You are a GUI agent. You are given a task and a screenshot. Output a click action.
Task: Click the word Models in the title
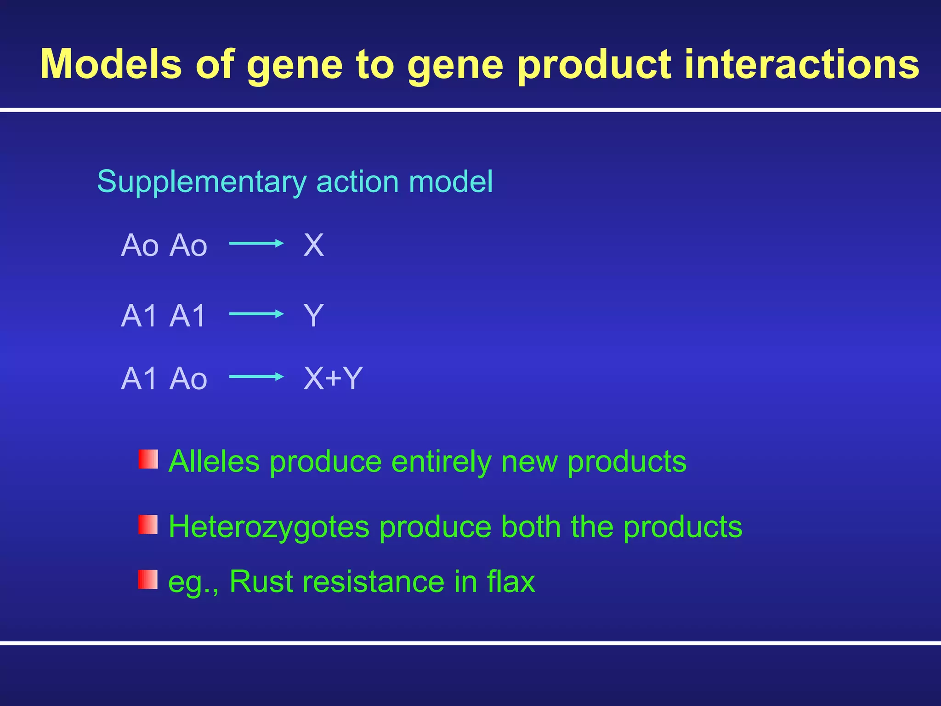111,64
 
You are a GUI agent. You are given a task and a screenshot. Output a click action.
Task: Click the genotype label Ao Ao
164,245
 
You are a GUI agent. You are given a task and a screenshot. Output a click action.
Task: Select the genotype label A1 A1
163,316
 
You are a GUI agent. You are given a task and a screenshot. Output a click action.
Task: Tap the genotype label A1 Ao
164,379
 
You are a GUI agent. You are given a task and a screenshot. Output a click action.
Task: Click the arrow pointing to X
256,243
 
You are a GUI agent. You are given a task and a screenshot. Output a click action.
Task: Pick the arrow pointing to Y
256,314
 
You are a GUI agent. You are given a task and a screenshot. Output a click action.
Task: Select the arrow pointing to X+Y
256,376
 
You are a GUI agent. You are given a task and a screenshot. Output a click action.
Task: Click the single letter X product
313,245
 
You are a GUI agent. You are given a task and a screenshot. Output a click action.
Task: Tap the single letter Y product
313,316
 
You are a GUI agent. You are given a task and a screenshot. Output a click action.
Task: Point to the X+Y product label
333,379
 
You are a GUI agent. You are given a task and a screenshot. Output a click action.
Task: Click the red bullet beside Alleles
148,459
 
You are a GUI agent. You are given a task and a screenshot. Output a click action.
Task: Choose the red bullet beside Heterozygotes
148,524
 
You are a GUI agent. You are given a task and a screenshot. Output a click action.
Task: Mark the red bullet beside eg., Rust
148,580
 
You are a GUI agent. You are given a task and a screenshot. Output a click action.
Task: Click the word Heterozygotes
269,527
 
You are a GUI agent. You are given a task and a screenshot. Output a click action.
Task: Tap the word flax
511,581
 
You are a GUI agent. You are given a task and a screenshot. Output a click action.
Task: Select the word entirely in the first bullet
441,462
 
